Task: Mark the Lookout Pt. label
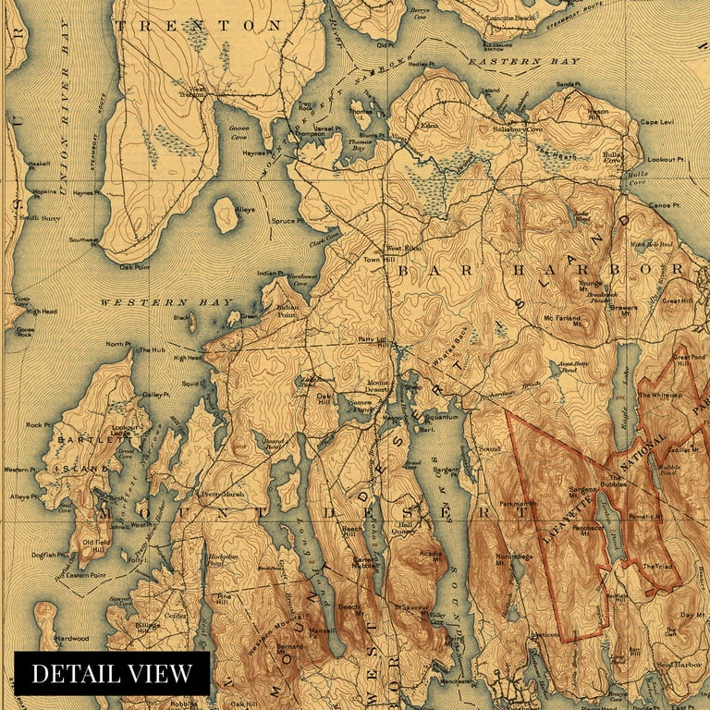click(666, 160)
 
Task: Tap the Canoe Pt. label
click(664, 204)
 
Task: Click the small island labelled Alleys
click(226, 214)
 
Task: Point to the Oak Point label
click(134, 267)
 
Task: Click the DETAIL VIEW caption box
click(112, 674)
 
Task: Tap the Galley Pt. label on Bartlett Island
click(156, 395)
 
